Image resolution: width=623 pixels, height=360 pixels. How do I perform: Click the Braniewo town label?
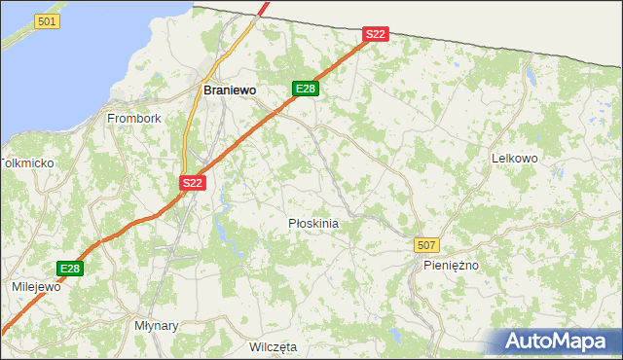230,90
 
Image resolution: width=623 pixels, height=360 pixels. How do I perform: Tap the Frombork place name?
134,119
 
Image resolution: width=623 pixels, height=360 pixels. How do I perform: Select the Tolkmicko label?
27,163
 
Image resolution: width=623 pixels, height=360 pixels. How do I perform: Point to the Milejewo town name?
36,287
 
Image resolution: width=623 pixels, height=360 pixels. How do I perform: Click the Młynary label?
157,326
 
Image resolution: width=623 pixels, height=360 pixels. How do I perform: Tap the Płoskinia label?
313,224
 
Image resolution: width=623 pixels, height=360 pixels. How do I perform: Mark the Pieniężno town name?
452,265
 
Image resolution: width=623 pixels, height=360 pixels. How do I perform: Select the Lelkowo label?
515,158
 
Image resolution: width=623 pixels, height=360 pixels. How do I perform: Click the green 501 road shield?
46,20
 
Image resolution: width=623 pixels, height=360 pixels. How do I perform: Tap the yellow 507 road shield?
425,244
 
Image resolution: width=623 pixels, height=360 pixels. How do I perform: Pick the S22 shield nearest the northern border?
376,34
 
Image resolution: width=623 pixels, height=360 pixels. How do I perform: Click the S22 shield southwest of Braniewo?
193,182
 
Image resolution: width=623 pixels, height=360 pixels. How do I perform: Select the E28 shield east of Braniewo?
306,89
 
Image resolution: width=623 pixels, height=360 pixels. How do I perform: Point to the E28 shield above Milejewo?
69,269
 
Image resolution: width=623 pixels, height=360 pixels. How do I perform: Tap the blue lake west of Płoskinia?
222,231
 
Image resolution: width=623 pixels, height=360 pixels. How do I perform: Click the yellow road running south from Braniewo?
185,136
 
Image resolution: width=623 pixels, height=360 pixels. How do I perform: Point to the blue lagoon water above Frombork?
97,58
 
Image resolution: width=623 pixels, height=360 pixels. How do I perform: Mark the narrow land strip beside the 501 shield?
19,39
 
